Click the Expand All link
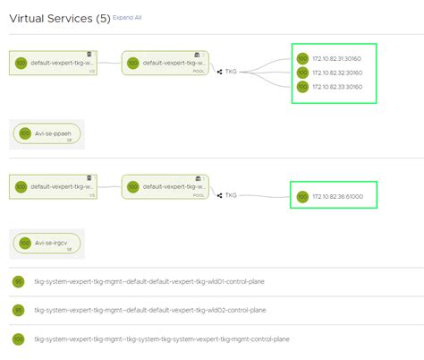point(128,18)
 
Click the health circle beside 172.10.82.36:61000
point(302,196)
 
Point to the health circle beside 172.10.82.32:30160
point(302,73)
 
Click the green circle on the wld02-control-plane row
point(17,310)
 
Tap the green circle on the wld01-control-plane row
point(17,281)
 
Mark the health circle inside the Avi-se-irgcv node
point(24,242)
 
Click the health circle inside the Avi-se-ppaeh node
point(24,133)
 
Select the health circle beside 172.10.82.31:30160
point(302,59)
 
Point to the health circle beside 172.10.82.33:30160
point(302,88)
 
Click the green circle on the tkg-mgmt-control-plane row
point(17,339)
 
